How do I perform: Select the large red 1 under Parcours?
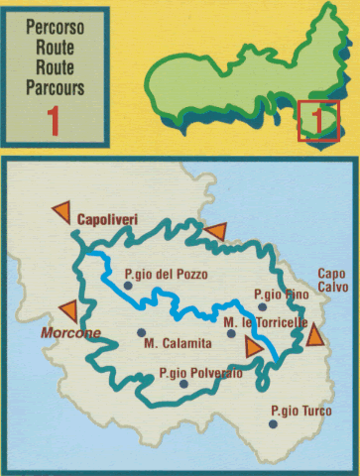pos(56,121)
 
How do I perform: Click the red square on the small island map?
pos(319,121)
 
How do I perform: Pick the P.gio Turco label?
pos(300,410)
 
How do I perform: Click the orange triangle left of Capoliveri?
pos(61,210)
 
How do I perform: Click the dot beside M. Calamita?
pos(142,332)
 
